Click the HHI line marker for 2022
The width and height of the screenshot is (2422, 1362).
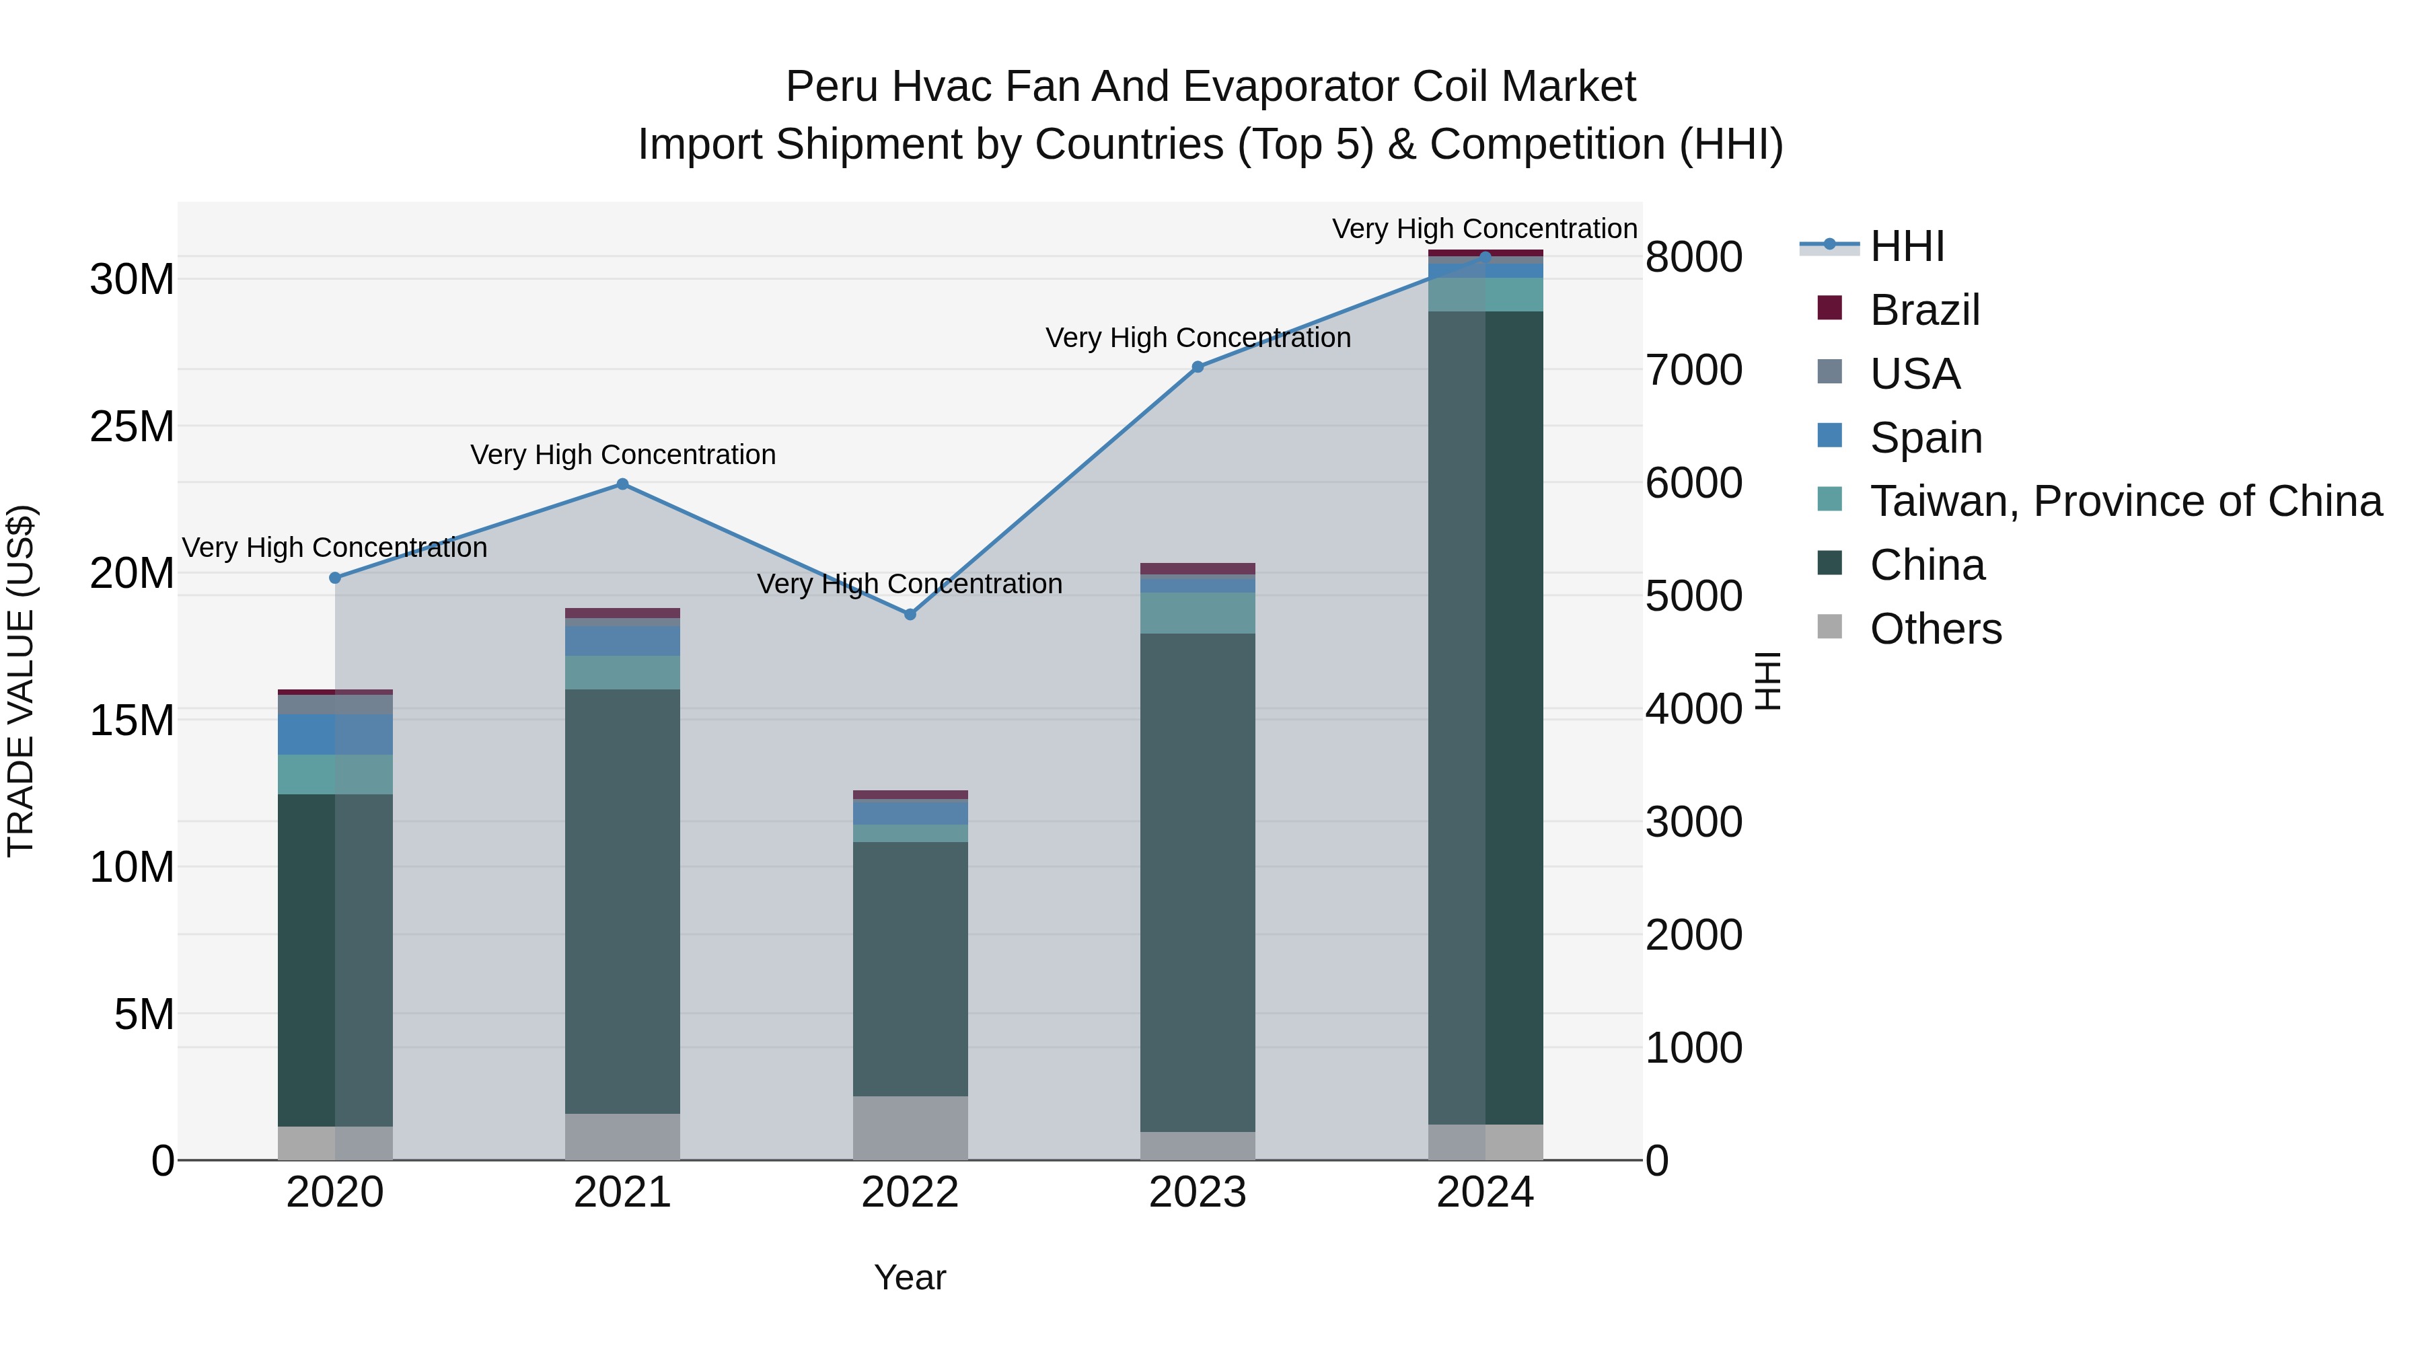[910, 615]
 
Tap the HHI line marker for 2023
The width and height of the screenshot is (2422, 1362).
[1198, 367]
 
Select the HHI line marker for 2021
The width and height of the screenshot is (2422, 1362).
[622, 484]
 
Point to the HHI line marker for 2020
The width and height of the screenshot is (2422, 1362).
[335, 578]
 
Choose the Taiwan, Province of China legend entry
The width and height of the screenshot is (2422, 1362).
[2125, 501]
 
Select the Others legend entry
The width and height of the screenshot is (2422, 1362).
[1935, 629]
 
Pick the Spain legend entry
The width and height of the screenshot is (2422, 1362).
[1925, 438]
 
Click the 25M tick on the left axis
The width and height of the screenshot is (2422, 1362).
[132, 426]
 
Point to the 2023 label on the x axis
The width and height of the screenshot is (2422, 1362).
[1198, 1193]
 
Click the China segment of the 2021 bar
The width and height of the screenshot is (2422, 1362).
[622, 903]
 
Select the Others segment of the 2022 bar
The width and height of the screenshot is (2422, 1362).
[910, 1128]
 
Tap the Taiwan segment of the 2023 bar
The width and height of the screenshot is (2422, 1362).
[1198, 613]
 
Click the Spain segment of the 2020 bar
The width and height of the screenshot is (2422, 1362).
[335, 734]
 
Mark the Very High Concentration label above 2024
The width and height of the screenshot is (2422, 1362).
[1485, 229]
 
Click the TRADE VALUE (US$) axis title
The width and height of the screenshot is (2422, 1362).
[21, 681]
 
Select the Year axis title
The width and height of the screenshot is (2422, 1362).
[910, 1277]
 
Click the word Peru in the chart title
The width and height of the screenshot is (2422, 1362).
[831, 87]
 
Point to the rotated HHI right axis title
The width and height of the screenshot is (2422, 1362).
[1767, 681]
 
